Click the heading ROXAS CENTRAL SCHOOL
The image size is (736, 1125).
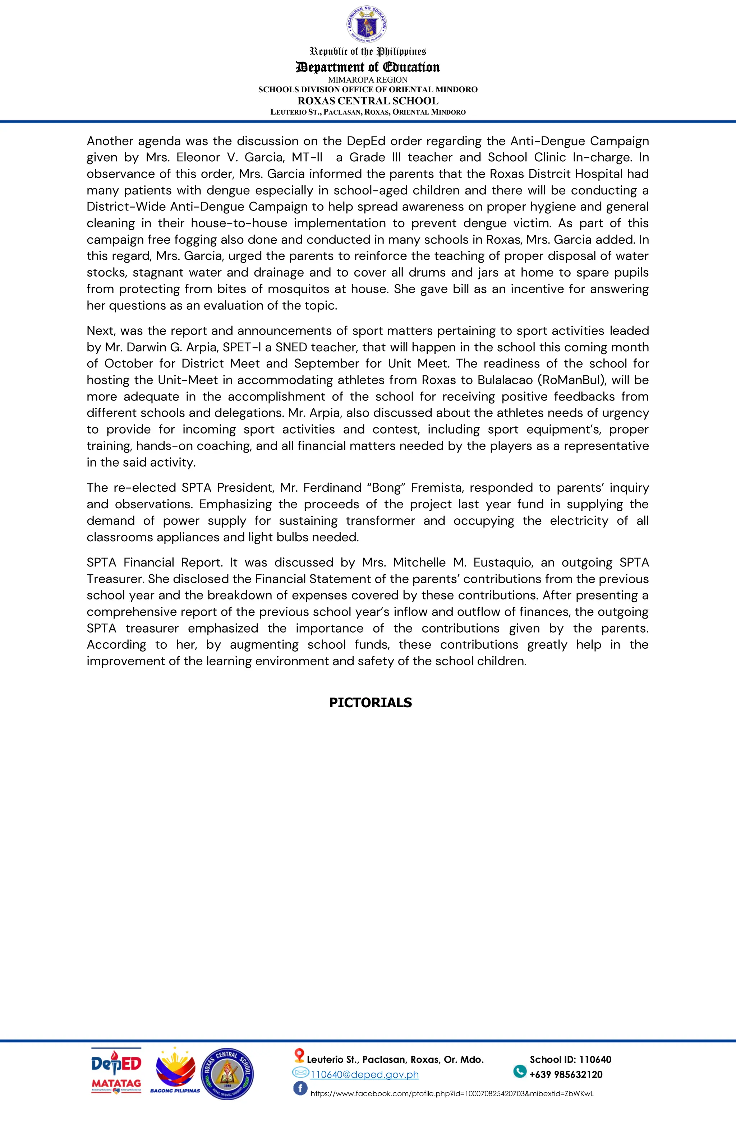coord(368,101)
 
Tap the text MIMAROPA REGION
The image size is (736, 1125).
coord(368,80)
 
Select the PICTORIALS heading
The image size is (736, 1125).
coord(371,703)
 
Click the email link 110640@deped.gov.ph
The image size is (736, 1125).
coord(364,1074)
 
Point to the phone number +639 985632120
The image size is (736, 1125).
coord(566,1074)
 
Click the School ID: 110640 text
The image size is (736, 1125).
coord(570,1059)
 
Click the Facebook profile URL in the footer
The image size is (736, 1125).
coord(451,1094)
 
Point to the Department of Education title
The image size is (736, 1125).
coord(368,67)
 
